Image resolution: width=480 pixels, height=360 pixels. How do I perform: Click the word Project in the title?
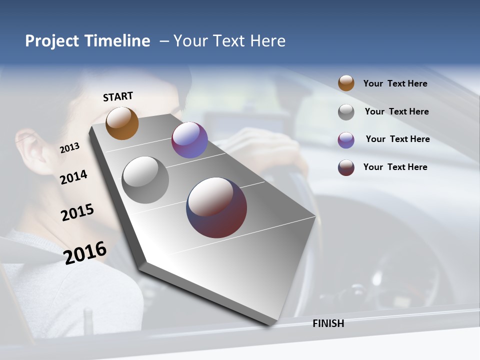(52, 41)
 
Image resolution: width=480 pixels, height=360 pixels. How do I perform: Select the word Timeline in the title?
(117, 41)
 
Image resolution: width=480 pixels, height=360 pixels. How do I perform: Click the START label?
(118, 96)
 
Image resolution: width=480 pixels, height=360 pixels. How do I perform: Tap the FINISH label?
(328, 323)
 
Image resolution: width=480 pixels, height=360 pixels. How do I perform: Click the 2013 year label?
(69, 148)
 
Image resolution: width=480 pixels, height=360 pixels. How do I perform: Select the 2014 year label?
(73, 177)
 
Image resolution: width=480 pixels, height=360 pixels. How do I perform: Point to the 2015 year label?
(77, 212)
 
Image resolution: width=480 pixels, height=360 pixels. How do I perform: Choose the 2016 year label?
(85, 252)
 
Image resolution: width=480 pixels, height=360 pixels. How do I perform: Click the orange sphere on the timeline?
(122, 123)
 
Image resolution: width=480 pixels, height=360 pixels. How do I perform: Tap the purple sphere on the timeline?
(189, 140)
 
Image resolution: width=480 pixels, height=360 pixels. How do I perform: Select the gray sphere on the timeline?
(145, 180)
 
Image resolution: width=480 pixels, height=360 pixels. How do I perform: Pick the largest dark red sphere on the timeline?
(216, 207)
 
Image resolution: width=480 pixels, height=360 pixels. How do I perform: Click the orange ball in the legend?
(346, 83)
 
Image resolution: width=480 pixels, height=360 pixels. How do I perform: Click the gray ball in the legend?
(346, 112)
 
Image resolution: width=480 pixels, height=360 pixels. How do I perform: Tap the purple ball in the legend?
(346, 140)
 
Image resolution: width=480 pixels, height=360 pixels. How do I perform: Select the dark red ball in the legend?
(346, 167)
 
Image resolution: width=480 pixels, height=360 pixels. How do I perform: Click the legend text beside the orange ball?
(395, 83)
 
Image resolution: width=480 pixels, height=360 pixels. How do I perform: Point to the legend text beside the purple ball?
(397, 139)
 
